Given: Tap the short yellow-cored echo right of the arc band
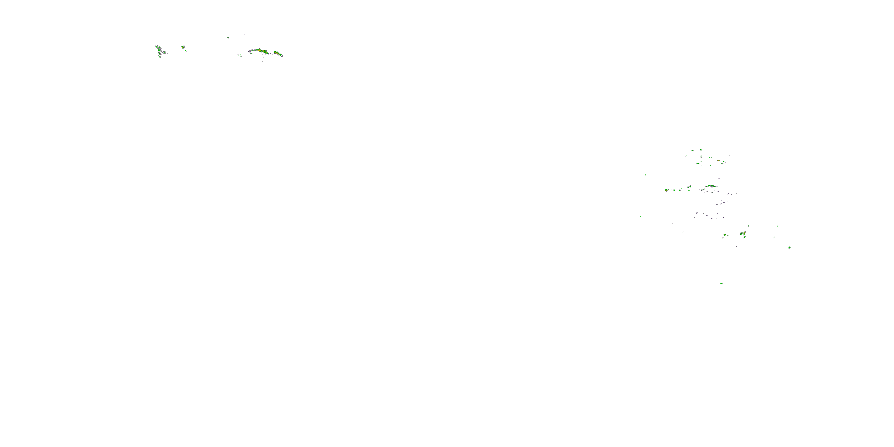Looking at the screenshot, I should coord(277,53).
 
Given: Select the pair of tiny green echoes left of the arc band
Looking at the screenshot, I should coord(240,55).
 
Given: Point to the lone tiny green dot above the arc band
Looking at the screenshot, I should coord(228,38).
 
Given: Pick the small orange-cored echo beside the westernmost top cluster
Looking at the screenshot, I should coord(183,47).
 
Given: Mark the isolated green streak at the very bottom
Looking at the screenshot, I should coord(721,283).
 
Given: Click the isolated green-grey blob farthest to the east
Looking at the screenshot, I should coord(789,247).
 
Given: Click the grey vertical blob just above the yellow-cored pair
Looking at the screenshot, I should coord(748,226).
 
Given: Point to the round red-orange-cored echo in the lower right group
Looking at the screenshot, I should coord(725,235).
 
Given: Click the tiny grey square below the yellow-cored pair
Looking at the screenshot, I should coord(736,246).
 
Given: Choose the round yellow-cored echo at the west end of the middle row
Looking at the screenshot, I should coord(666,190).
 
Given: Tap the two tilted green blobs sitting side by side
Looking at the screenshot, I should coord(689,187).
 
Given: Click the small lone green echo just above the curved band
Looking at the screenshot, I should coord(719,179).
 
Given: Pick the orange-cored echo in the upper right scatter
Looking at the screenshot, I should coord(698,163).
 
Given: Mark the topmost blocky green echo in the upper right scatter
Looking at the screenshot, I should coord(701,150).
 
